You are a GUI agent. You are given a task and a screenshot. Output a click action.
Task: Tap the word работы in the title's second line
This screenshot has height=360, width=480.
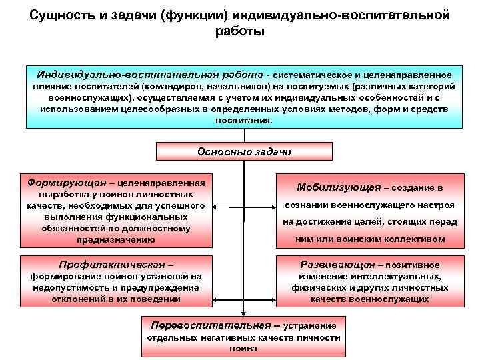(x=240, y=31)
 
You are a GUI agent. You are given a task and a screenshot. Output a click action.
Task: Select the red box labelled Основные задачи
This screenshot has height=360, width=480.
(x=244, y=151)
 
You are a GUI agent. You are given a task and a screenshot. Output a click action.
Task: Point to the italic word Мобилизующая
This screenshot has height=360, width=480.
(x=339, y=187)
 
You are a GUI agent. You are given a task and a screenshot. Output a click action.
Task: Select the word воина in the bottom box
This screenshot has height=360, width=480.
(x=243, y=349)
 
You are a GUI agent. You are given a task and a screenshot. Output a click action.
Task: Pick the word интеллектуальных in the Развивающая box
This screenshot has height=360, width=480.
(x=401, y=276)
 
